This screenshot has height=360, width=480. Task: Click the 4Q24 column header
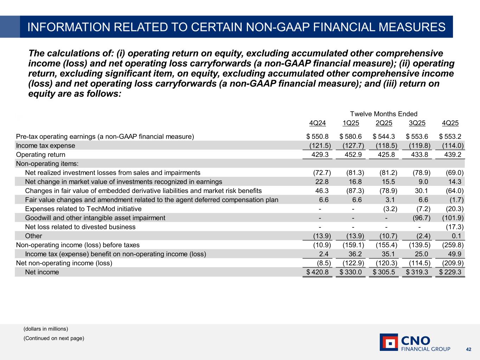click(x=317, y=123)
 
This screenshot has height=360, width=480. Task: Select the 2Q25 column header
click(x=384, y=123)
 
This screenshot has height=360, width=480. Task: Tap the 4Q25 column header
click(x=450, y=123)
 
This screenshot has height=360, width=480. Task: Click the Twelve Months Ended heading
click(x=384, y=114)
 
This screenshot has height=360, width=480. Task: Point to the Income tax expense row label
click(x=46, y=146)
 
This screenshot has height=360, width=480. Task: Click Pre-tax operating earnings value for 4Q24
click(x=318, y=136)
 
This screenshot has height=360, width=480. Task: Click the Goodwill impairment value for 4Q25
click(x=453, y=218)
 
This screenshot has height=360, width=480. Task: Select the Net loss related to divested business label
click(x=80, y=227)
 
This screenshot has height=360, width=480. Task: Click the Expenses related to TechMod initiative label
click(x=83, y=209)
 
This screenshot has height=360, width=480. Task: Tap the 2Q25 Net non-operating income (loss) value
click(x=385, y=263)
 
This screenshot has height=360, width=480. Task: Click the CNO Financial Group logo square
click(x=389, y=342)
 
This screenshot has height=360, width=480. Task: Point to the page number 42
click(x=468, y=349)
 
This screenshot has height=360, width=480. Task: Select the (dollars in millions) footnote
click(x=46, y=329)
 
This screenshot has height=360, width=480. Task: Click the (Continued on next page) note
click(x=54, y=338)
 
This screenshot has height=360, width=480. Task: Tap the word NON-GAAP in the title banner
click(x=275, y=27)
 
